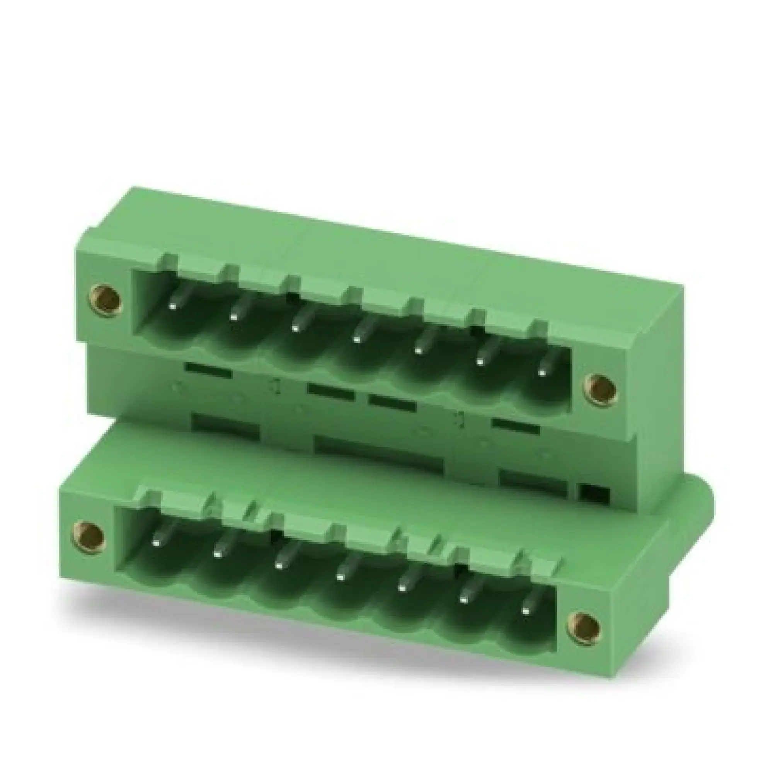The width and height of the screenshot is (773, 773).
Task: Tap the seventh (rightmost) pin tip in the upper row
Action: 542,373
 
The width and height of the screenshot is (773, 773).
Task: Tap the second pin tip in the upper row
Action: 233,317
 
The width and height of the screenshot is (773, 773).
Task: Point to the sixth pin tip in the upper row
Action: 479,362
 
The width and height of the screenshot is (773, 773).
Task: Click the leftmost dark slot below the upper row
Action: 208,369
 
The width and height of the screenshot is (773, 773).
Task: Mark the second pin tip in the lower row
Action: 217,554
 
